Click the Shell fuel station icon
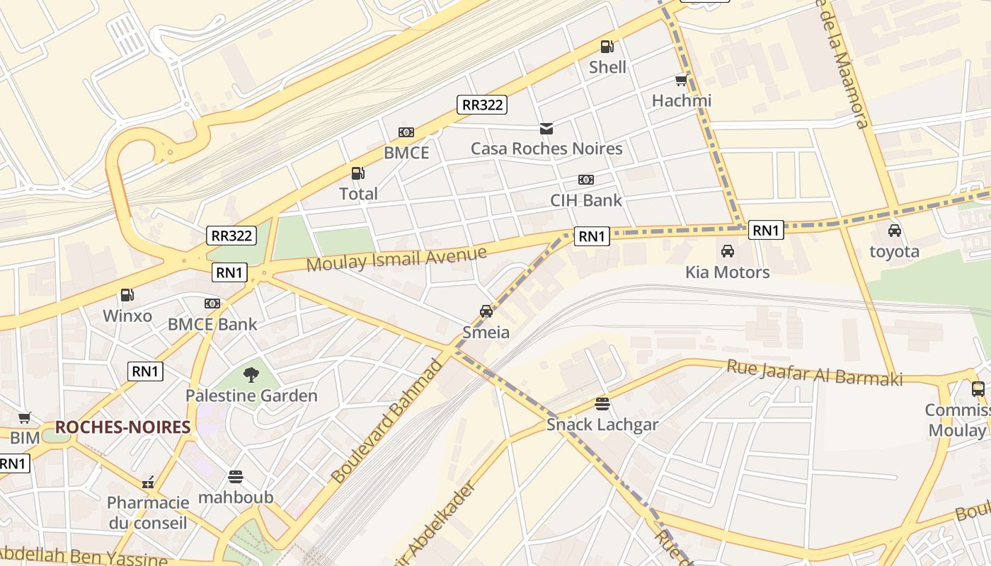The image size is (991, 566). (x=607, y=47)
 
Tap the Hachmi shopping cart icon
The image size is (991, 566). (x=681, y=81)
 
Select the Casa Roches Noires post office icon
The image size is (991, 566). (x=546, y=129)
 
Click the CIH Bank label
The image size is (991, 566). (x=586, y=200)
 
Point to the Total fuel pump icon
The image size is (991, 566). (x=358, y=173)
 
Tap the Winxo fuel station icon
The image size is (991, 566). (x=127, y=295)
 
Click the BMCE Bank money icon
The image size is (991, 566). (x=212, y=304)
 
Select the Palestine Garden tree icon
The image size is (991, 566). (x=251, y=375)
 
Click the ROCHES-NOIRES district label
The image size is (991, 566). (x=122, y=427)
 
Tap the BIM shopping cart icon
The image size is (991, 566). (x=25, y=418)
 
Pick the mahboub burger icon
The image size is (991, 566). (x=236, y=477)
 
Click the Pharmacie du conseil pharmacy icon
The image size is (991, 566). (x=148, y=483)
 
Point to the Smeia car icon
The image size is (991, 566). (x=486, y=311)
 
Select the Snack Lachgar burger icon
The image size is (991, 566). (x=602, y=404)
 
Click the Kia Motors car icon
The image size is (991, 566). (x=727, y=251)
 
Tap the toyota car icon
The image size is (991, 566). (x=895, y=231)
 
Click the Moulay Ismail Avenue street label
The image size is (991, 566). (x=396, y=258)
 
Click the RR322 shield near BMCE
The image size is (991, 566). (x=482, y=105)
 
